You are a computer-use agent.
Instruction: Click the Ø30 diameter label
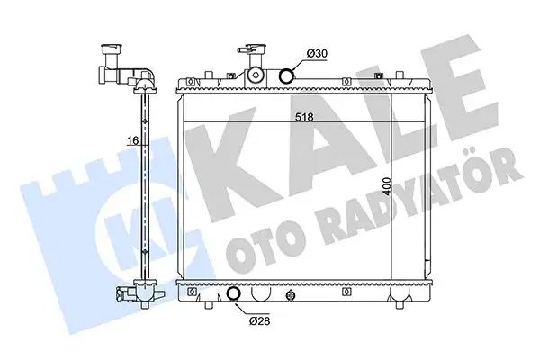pos(316,55)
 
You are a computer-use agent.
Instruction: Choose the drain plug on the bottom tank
pos(290,294)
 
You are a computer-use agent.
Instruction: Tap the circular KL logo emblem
pos(135,229)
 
